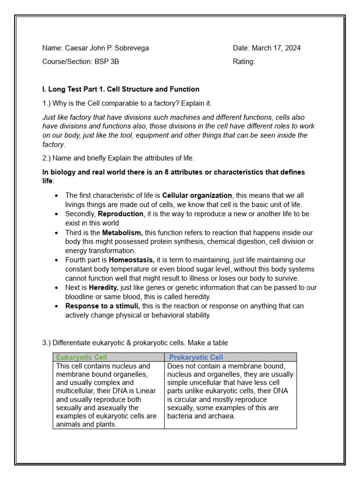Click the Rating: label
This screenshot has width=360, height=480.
click(244, 62)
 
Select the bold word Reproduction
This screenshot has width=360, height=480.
click(120, 214)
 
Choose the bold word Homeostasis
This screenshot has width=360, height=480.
click(132, 260)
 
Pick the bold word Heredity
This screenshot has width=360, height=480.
click(103, 287)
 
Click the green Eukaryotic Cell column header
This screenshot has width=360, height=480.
click(82, 357)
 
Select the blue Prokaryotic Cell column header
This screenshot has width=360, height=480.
click(196, 357)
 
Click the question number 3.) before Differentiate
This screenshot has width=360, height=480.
click(47, 343)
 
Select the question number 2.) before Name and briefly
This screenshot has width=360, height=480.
click(47, 158)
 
